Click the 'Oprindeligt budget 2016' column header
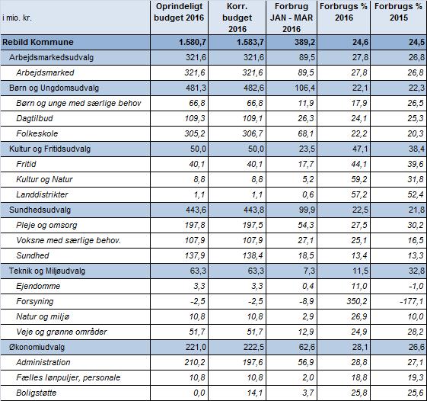tap(179, 12)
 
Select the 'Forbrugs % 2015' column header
tap(398, 12)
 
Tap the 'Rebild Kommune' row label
tap(38, 42)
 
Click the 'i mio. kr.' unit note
tap(17, 18)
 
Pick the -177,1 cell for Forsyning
tap(412, 301)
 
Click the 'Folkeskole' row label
tap(37, 133)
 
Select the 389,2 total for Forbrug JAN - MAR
tap(304, 42)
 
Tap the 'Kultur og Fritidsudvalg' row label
tap(49, 149)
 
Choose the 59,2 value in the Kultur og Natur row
tap(359, 179)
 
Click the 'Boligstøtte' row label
tap(37, 393)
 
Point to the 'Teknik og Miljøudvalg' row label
tap(47, 271)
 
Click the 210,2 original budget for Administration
tap(195, 362)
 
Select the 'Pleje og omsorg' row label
tap(46, 226)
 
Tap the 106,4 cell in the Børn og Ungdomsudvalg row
tap(304, 88)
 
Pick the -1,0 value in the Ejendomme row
tap(416, 286)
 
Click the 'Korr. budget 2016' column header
tap(237, 18)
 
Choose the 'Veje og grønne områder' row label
tap(62, 332)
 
